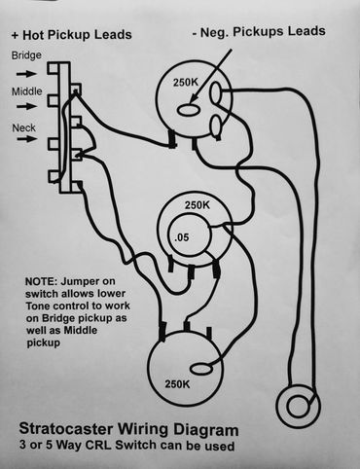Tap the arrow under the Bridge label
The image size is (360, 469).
pyautogui.click(x=27, y=71)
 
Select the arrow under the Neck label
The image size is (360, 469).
pyautogui.click(x=27, y=143)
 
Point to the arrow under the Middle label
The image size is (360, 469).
pyautogui.click(x=27, y=108)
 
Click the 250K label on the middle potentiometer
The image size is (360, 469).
pyautogui.click(x=198, y=207)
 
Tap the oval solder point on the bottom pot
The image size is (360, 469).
pyautogui.click(x=201, y=368)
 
